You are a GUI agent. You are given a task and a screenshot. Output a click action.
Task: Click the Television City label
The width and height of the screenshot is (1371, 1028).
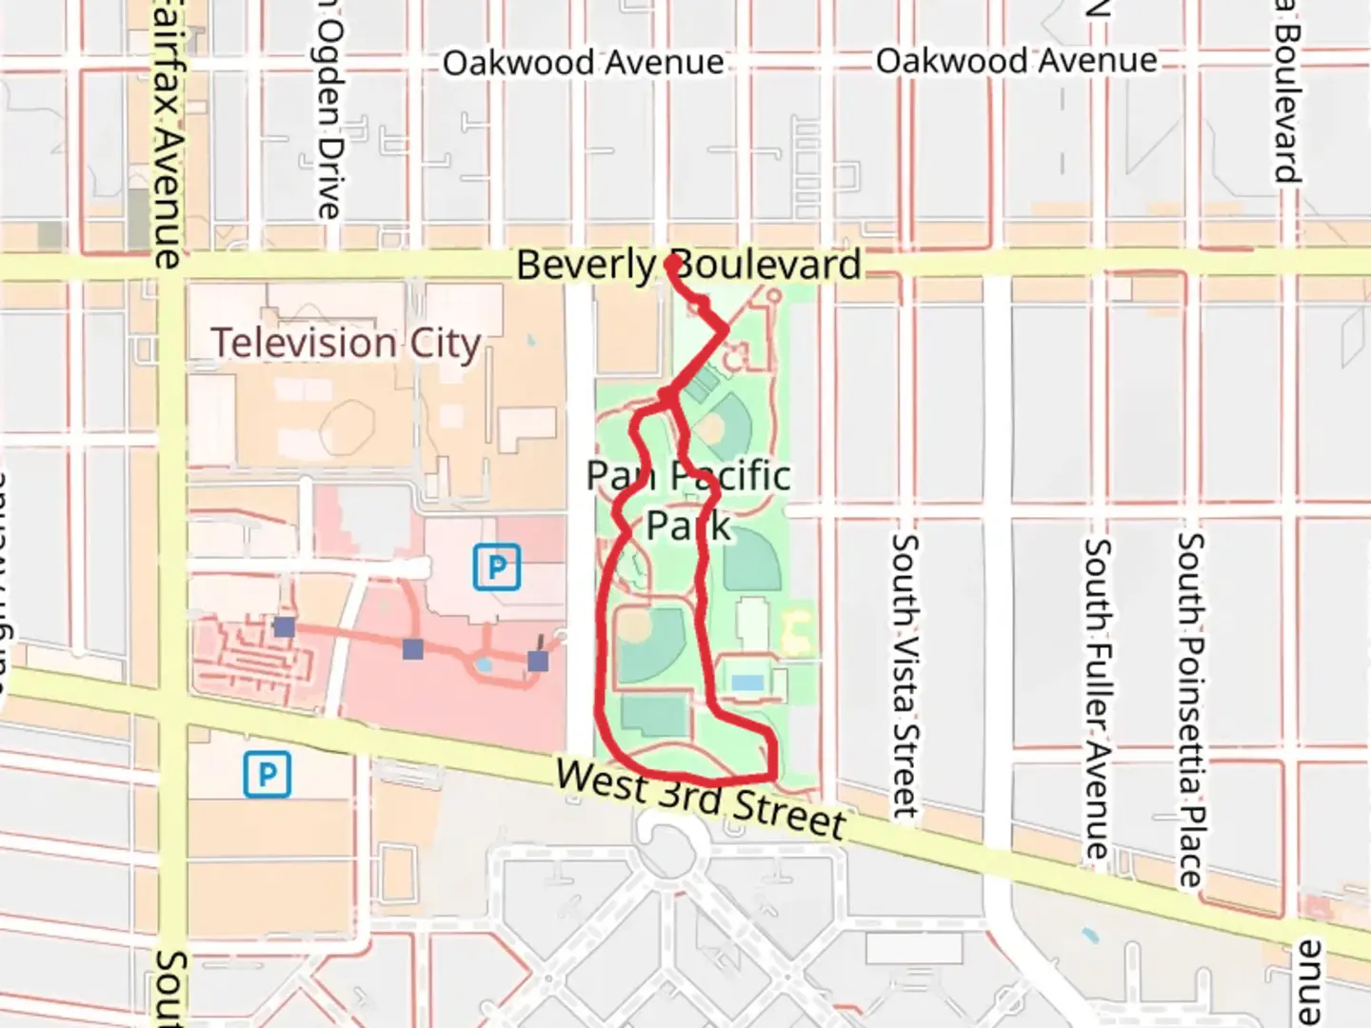click(346, 344)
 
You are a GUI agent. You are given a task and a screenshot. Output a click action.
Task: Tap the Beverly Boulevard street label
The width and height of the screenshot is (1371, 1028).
click(687, 265)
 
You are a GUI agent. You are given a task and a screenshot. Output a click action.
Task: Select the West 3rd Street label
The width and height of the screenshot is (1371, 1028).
click(701, 798)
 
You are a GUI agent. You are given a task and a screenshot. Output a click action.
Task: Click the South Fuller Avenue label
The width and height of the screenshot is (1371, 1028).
click(1097, 700)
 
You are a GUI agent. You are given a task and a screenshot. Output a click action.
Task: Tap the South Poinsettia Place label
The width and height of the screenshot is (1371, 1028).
click(1190, 709)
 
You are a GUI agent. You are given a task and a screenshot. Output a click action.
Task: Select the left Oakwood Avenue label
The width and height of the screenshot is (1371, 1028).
click(583, 63)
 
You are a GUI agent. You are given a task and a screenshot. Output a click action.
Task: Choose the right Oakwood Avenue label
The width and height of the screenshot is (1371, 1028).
click(1016, 61)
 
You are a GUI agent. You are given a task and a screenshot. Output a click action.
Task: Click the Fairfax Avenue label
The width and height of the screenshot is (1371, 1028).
click(169, 133)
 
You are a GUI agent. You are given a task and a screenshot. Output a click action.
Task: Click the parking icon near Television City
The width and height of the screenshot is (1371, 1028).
click(497, 567)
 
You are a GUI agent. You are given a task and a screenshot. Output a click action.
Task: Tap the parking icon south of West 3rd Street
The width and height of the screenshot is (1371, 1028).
click(268, 775)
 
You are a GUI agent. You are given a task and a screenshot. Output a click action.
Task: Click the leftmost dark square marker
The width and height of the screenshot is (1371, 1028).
click(284, 626)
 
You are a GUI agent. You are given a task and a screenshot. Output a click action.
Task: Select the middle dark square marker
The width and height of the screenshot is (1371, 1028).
click(412, 649)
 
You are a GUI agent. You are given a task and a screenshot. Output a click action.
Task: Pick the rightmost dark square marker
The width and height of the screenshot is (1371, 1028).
click(538, 661)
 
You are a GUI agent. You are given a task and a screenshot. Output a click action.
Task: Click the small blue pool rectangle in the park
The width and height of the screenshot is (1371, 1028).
click(748, 682)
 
